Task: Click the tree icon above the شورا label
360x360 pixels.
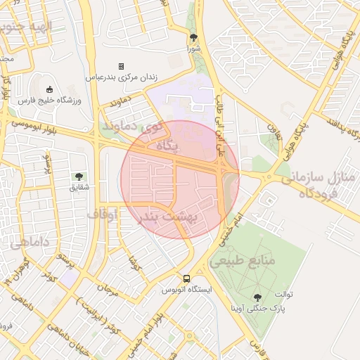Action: tap(193, 38)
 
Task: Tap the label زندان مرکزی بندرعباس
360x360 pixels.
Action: tap(122, 77)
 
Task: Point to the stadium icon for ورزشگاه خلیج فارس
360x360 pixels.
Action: tap(49, 89)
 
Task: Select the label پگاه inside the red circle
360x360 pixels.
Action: tap(167, 146)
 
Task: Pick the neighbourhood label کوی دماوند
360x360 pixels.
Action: tap(128, 129)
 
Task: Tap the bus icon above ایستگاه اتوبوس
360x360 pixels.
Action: tap(186, 278)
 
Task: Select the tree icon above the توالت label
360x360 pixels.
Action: tap(257, 297)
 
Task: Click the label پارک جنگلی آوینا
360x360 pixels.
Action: tap(257, 308)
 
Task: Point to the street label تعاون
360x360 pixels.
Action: tap(275, 133)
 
